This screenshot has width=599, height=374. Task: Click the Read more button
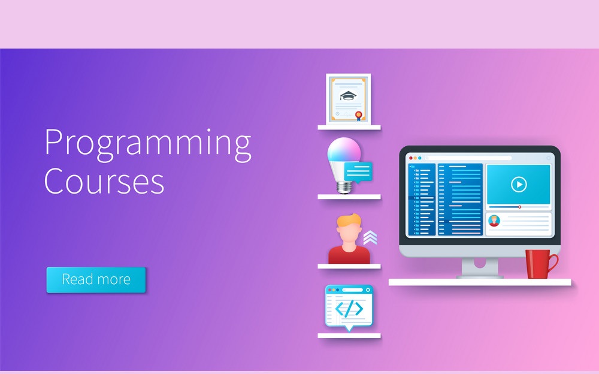(x=96, y=279)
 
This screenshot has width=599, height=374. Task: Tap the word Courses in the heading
(x=104, y=180)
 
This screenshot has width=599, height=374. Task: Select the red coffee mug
(x=539, y=264)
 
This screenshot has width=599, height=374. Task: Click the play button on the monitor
(x=519, y=185)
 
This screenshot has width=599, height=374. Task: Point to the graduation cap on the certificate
(x=347, y=95)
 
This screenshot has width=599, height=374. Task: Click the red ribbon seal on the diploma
(x=358, y=115)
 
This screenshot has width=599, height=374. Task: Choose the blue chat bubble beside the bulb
(x=358, y=172)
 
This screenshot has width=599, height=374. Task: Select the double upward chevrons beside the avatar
(x=370, y=238)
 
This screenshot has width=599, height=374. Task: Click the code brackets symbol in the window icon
(x=349, y=309)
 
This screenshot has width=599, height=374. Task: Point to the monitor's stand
(x=480, y=269)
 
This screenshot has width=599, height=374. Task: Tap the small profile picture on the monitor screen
(x=494, y=221)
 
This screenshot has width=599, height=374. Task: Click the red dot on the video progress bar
(x=519, y=207)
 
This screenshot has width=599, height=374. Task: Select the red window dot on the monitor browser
(x=410, y=158)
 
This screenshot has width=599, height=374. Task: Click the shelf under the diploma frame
(x=349, y=127)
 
